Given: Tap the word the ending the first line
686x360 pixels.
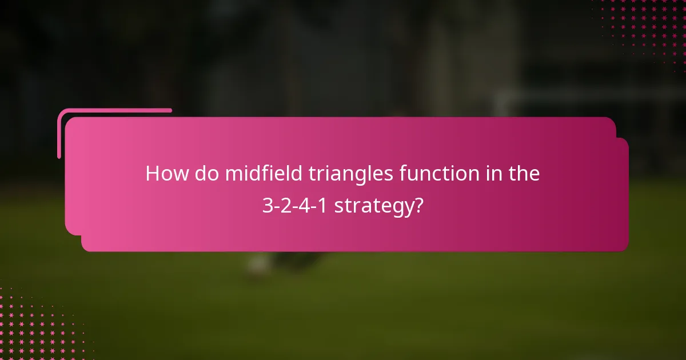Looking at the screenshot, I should pyautogui.click(x=523, y=174).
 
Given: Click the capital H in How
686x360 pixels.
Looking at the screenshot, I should pyautogui.click(x=152, y=174).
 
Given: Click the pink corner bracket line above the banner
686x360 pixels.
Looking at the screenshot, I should pyautogui.click(x=114, y=110).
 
